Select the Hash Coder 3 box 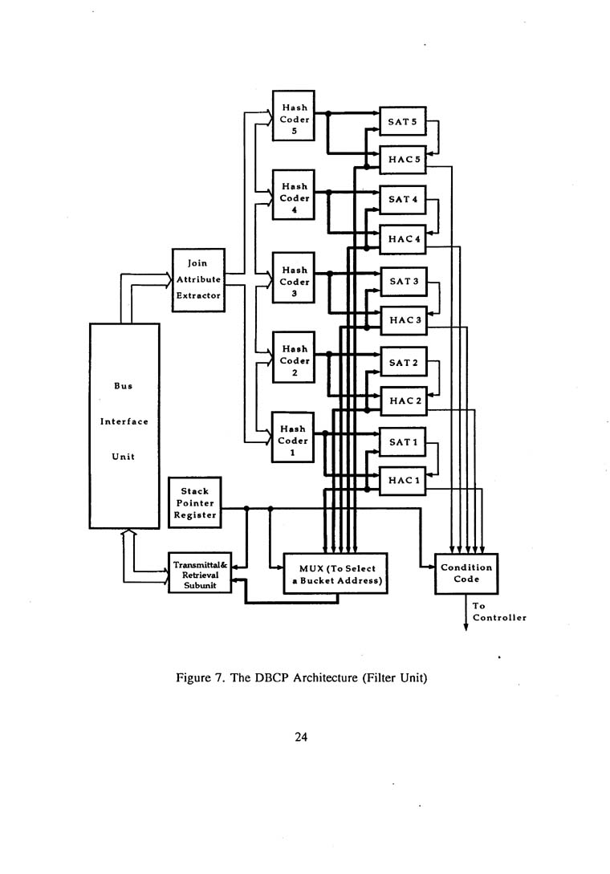click(x=295, y=283)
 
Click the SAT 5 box click(x=403, y=123)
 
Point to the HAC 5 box click(x=403, y=161)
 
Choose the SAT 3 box click(x=403, y=281)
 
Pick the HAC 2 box click(x=403, y=400)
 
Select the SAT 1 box click(x=403, y=442)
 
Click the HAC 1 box click(x=403, y=480)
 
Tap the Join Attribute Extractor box click(x=197, y=279)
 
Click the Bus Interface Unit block click(x=124, y=425)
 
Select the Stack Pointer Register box click(x=194, y=503)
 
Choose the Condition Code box click(x=466, y=574)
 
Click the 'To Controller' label click(x=498, y=612)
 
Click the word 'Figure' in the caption click(x=195, y=678)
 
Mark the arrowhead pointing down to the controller click(x=466, y=628)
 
